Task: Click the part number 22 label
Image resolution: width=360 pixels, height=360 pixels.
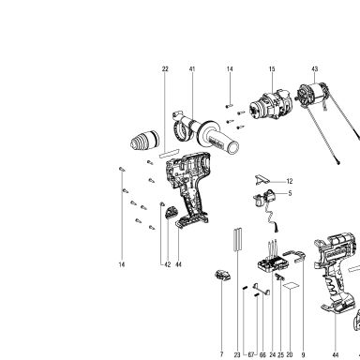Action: tap(165, 69)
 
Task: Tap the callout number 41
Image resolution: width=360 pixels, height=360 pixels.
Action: tap(192, 69)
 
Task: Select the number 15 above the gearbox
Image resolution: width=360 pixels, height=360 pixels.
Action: tap(272, 69)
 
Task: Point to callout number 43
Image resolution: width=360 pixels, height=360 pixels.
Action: tap(315, 69)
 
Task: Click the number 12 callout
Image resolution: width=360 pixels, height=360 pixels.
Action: tap(290, 181)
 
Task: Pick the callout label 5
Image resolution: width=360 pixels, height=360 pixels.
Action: tap(290, 193)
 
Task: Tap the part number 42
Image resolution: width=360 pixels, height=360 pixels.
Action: tap(168, 264)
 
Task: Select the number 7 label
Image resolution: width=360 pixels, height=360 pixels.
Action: tap(221, 354)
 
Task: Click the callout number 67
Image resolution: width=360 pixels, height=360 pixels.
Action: tap(251, 355)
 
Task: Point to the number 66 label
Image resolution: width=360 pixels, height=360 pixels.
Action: tap(262, 355)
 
